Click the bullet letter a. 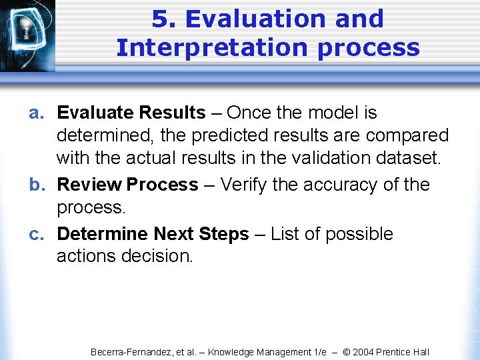(36, 113)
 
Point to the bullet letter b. (36, 185)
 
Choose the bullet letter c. (36, 234)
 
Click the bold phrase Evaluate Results (131, 113)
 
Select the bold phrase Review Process (127, 185)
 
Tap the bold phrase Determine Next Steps (153, 234)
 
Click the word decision (157, 257)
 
